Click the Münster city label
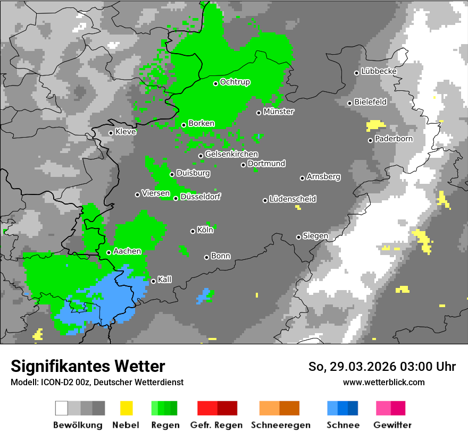[279, 112]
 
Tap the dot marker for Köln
[193, 231]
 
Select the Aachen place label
[127, 251]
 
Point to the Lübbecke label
[379, 71]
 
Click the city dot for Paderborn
[371, 140]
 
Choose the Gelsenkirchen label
[231, 155]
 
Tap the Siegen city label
[315, 236]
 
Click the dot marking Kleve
[111, 133]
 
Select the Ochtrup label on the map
[235, 82]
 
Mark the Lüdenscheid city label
[292, 199]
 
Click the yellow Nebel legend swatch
[126, 408]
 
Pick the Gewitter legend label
[392, 425]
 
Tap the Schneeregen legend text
[280, 425]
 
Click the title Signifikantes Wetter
[88, 366]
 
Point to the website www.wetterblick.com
[383, 382]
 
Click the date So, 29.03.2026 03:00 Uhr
[382, 367]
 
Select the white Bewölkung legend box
[62, 408]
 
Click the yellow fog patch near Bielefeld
[375, 125]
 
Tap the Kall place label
[164, 279]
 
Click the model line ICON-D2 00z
[97, 382]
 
